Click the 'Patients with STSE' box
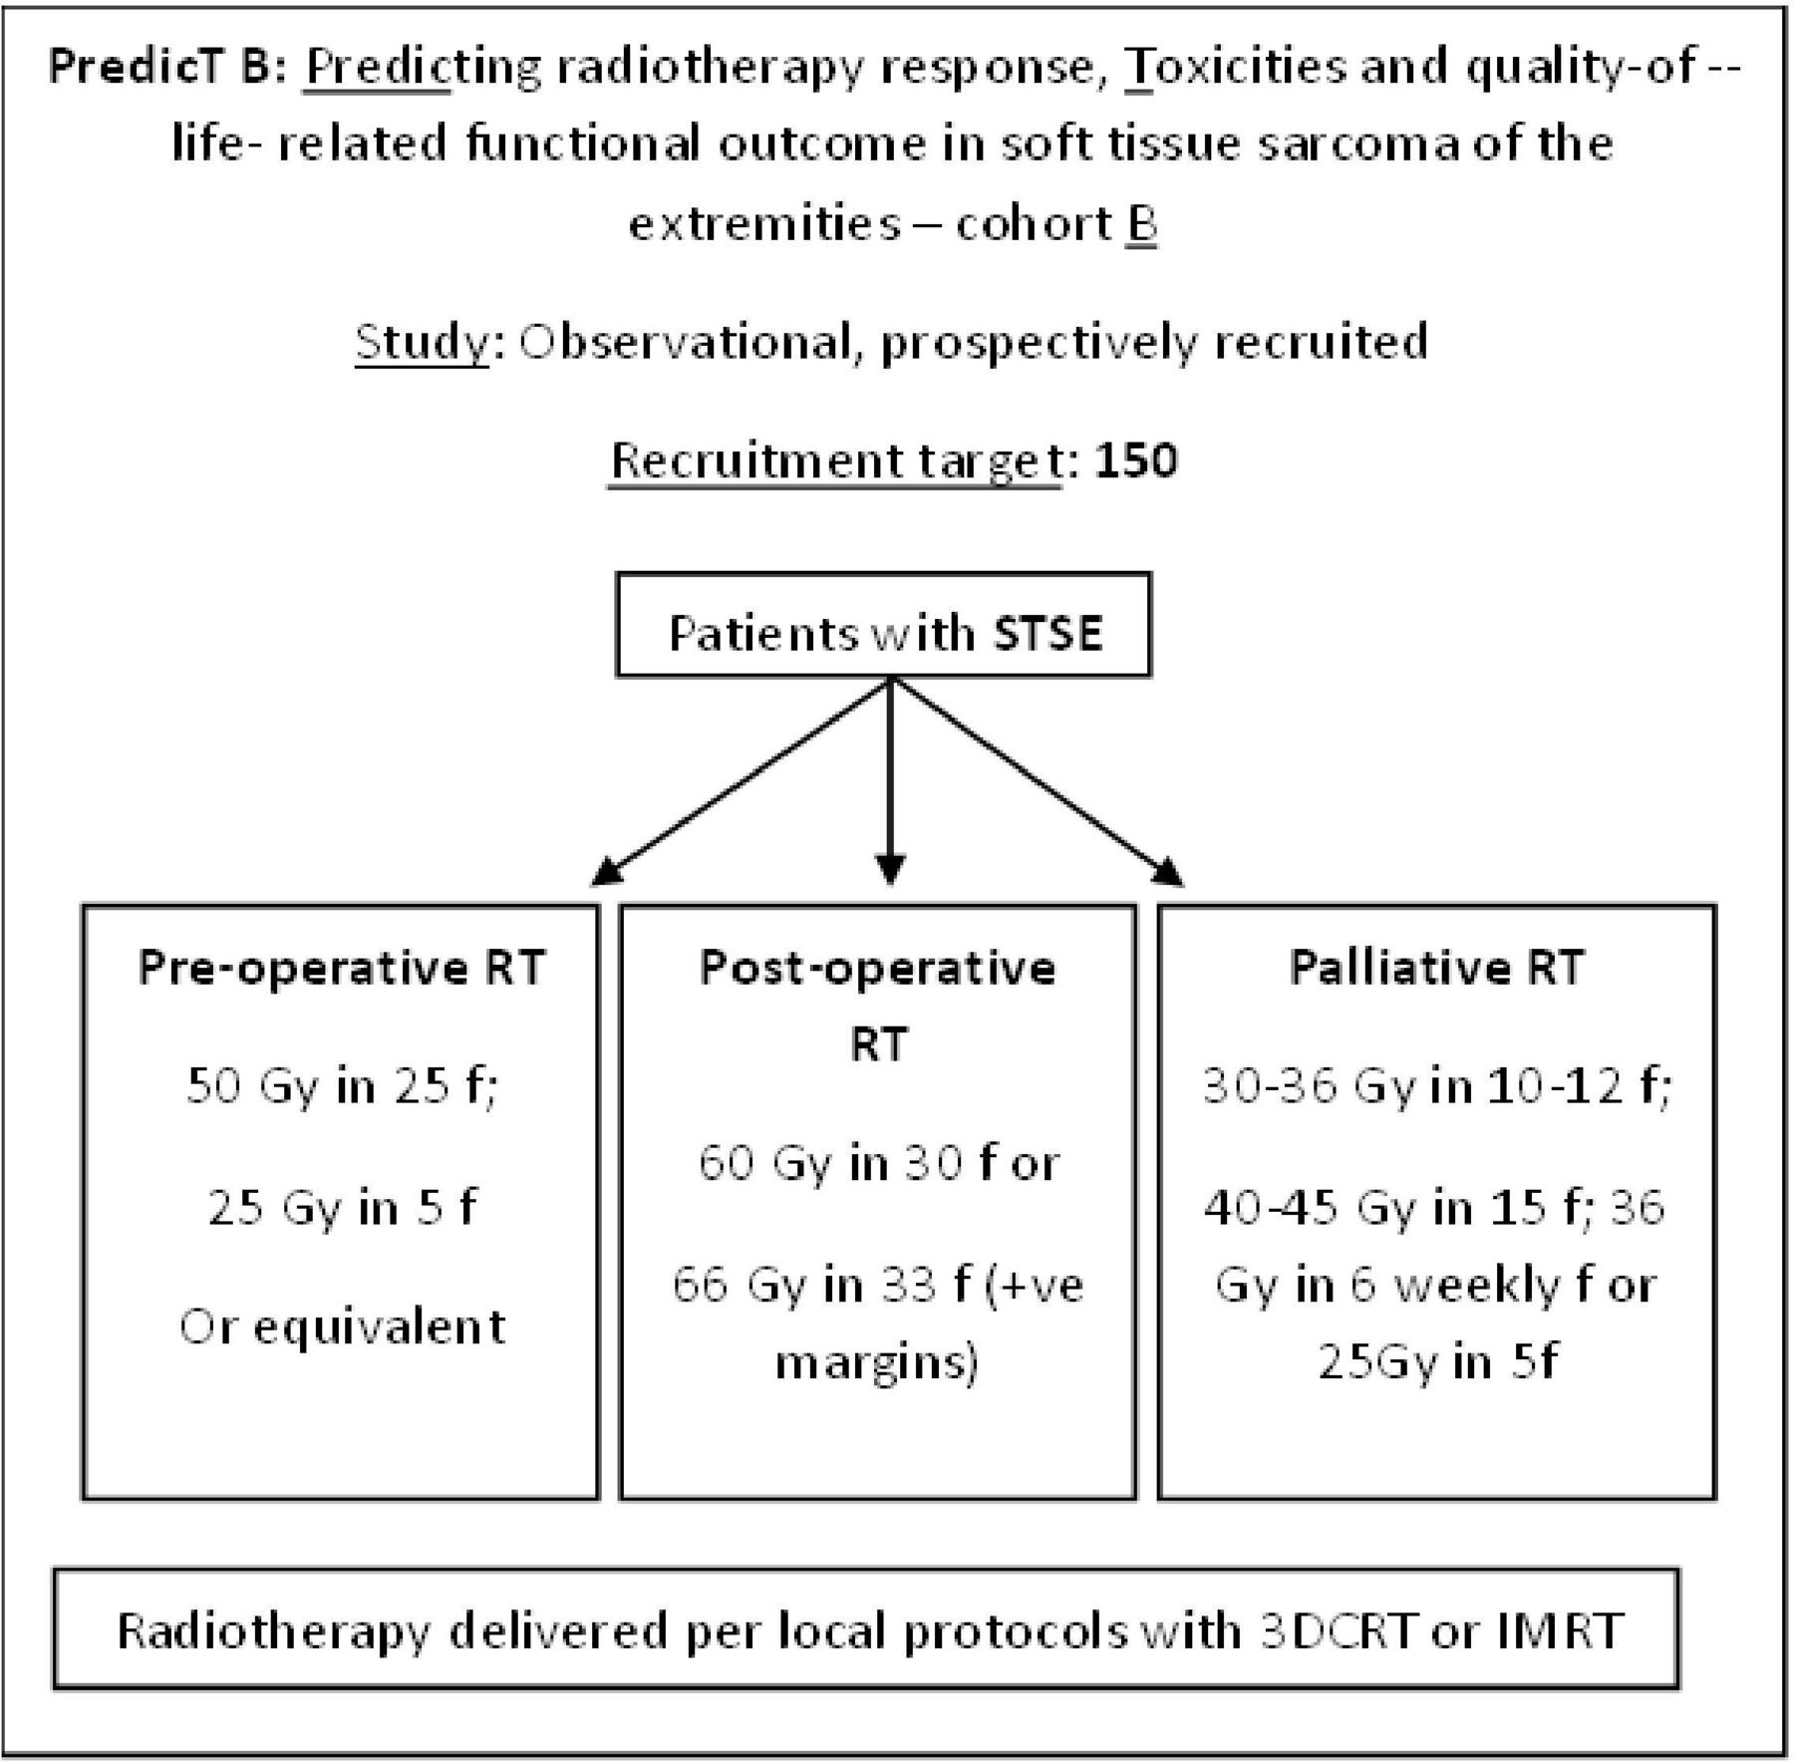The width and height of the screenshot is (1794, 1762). point(883,625)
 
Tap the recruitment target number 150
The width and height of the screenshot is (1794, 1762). point(1136,460)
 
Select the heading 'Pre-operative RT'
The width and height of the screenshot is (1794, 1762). point(342,967)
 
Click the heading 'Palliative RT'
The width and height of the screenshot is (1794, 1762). point(1436,967)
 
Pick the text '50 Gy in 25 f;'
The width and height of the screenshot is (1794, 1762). point(342,1085)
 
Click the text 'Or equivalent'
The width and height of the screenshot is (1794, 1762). point(342,1326)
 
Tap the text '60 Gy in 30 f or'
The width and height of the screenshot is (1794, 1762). point(878,1163)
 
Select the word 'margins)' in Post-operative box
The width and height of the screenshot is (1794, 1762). point(877,1361)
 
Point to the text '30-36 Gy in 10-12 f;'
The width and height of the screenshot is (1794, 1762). point(1436,1085)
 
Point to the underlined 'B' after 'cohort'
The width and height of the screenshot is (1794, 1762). point(1142,223)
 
